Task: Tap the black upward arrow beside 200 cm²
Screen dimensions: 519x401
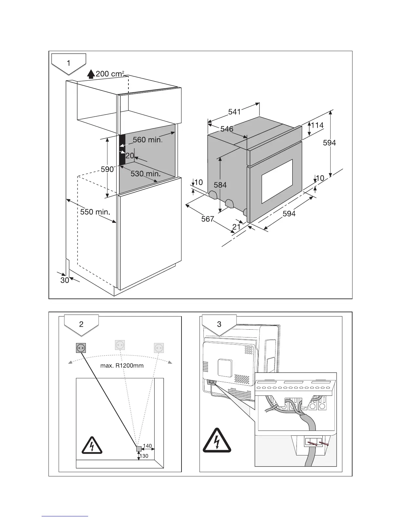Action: pyautogui.click(x=91, y=74)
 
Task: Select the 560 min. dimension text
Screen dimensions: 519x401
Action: pyautogui.click(x=147, y=140)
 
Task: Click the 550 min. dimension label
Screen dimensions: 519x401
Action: pyautogui.click(x=95, y=212)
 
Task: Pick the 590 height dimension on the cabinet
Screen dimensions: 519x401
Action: pyautogui.click(x=107, y=169)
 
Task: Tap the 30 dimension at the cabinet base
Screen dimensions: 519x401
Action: pyautogui.click(x=65, y=280)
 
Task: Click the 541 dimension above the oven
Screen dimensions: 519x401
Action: pyautogui.click(x=235, y=112)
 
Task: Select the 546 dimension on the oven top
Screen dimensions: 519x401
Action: pyautogui.click(x=227, y=129)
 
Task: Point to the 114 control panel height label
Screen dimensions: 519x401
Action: pyautogui.click(x=317, y=125)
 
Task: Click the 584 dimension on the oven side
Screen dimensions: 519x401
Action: pyautogui.click(x=220, y=185)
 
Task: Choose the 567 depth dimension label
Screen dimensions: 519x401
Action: pyautogui.click(x=207, y=219)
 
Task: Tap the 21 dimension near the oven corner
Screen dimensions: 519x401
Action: pyautogui.click(x=236, y=227)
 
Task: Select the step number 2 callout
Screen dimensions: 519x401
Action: pyautogui.click(x=81, y=324)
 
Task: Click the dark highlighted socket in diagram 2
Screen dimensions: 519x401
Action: pyautogui.click(x=81, y=348)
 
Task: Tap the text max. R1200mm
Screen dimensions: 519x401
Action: pyautogui.click(x=122, y=365)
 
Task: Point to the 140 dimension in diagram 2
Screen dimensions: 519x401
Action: pyautogui.click(x=147, y=446)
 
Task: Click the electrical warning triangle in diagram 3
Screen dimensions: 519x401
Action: pyautogui.click(x=217, y=441)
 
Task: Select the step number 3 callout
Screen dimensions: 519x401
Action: pyautogui.click(x=219, y=324)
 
